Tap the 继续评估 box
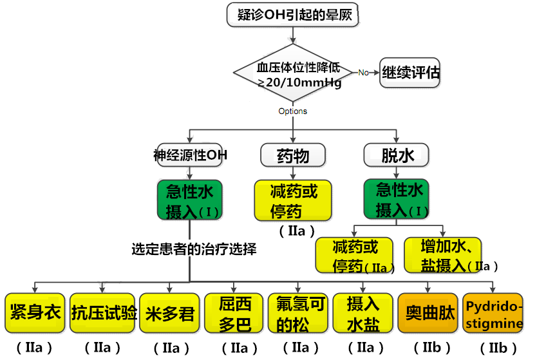(x=411, y=72)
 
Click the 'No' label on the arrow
(x=363, y=73)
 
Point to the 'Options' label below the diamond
(x=293, y=111)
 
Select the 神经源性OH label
(x=191, y=155)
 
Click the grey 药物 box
(x=293, y=155)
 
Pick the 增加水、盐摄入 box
(x=451, y=255)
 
